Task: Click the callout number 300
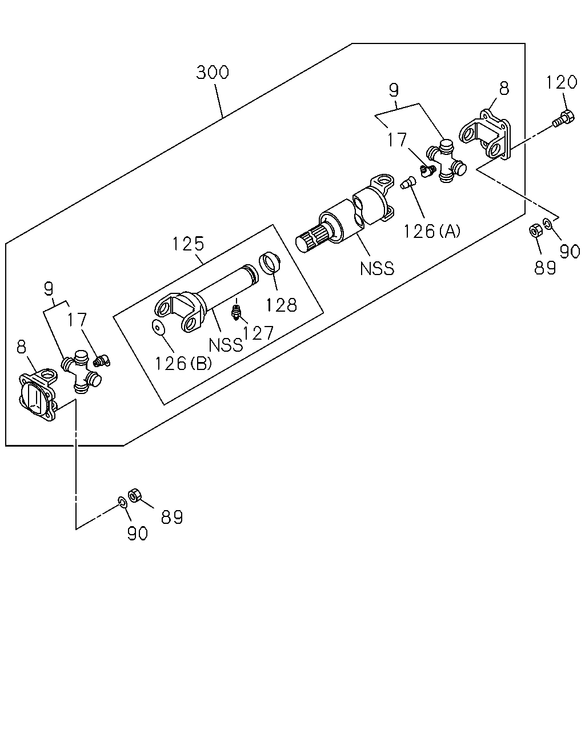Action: [213, 73]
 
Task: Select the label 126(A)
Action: [432, 231]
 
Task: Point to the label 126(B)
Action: [183, 363]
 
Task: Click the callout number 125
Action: [188, 244]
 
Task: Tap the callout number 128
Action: [282, 305]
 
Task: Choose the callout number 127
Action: [258, 333]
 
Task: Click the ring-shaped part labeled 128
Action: [270, 262]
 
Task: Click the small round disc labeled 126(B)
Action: [158, 328]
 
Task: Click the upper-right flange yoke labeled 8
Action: [486, 134]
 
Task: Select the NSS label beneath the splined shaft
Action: [377, 268]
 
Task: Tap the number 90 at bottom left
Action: [138, 533]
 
